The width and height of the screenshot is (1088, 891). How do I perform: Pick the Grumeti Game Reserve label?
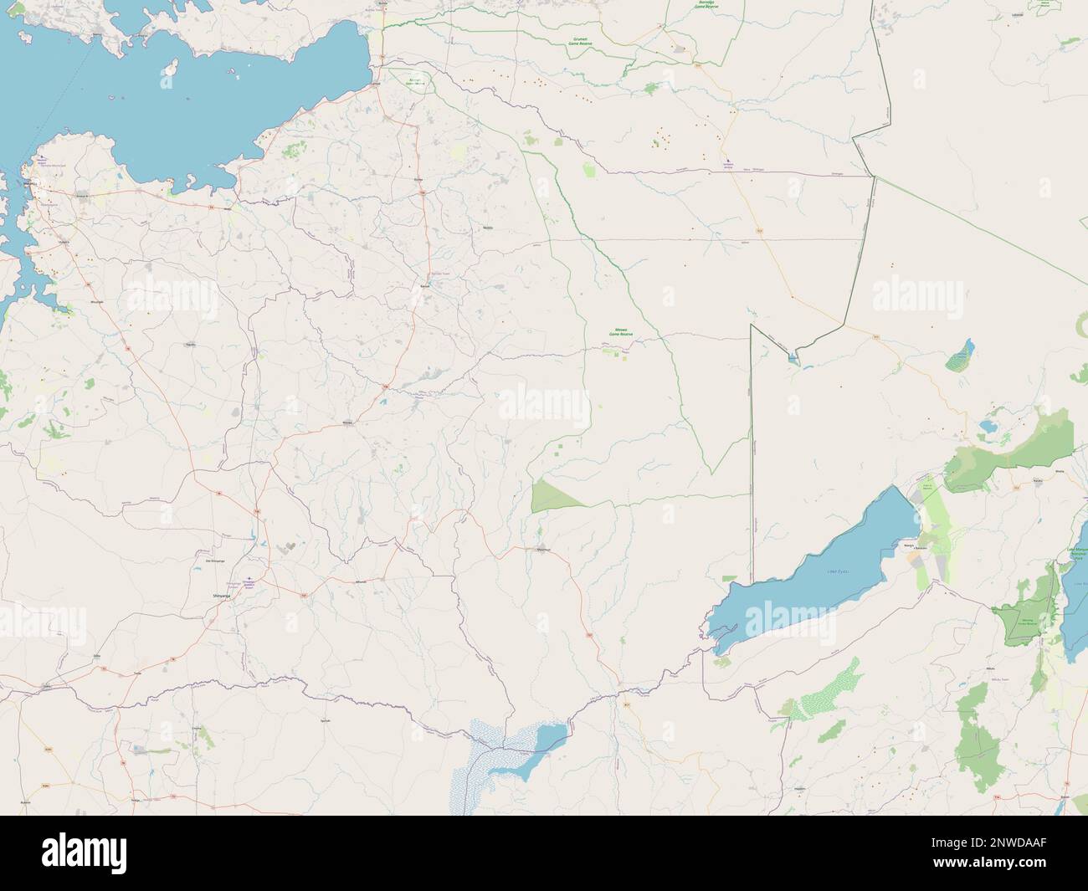click(x=592, y=31)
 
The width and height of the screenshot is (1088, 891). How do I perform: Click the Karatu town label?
click(x=1037, y=482)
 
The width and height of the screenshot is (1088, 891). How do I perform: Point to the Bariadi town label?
click(x=426, y=286)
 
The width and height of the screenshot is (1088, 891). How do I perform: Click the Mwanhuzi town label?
click(x=542, y=550)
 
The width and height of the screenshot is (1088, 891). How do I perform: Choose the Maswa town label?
click(x=349, y=423)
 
